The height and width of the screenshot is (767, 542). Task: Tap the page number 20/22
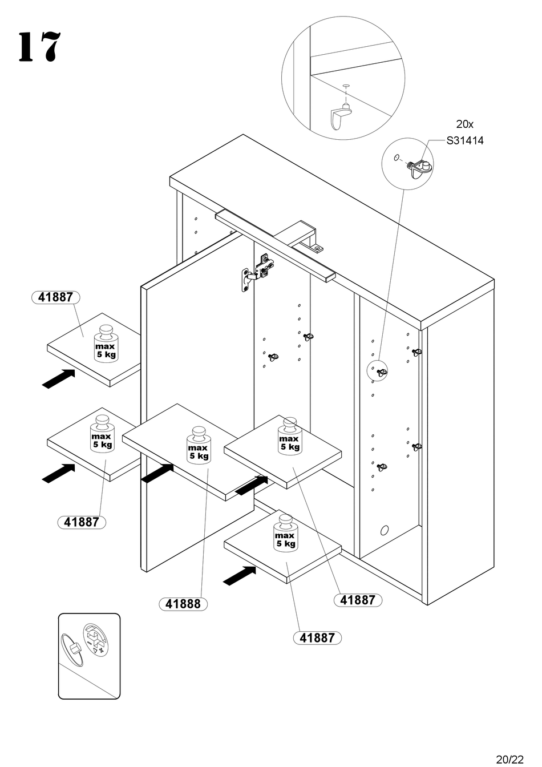[509, 759]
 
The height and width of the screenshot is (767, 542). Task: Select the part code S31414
[465, 140]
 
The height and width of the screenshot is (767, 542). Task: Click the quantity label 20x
[464, 124]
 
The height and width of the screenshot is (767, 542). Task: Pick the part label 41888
[183, 604]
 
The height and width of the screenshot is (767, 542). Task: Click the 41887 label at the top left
[55, 297]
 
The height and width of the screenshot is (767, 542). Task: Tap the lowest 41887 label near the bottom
[317, 637]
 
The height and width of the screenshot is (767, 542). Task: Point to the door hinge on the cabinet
[256, 272]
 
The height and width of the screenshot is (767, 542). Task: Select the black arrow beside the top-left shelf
[59, 378]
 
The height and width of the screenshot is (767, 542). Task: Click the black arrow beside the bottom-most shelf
[239, 575]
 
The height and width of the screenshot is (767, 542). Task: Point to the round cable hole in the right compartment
[385, 530]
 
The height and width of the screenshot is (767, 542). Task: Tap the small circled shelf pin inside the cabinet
[378, 371]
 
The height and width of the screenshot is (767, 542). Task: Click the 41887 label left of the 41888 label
[82, 522]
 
